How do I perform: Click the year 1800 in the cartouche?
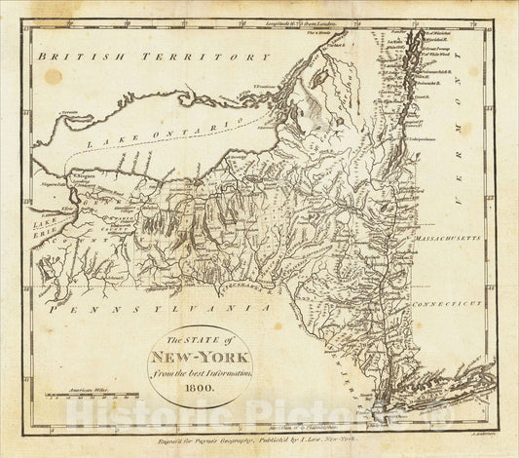point(199,385)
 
